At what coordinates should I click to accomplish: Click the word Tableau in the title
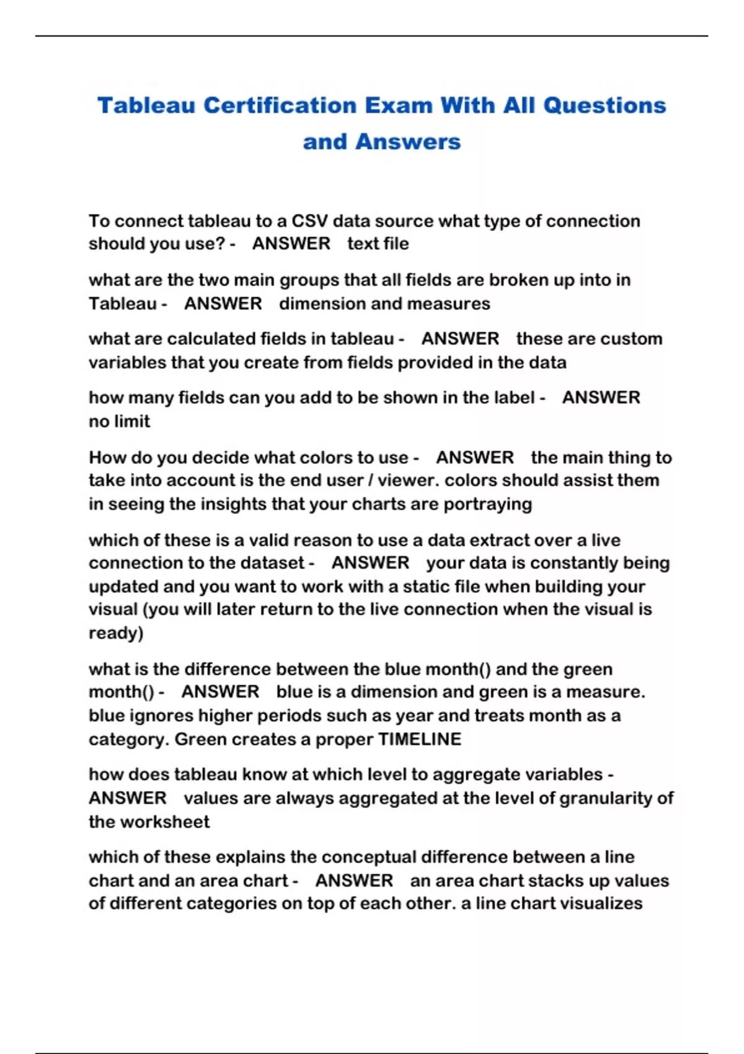point(146,105)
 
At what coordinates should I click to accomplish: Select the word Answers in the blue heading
point(408,142)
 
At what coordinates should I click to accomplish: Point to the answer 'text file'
point(378,244)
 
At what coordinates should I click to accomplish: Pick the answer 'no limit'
point(119,422)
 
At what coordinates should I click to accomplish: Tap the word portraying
point(487,504)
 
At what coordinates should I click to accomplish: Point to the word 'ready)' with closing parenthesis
point(116,633)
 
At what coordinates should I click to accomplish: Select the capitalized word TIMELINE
point(420,739)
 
